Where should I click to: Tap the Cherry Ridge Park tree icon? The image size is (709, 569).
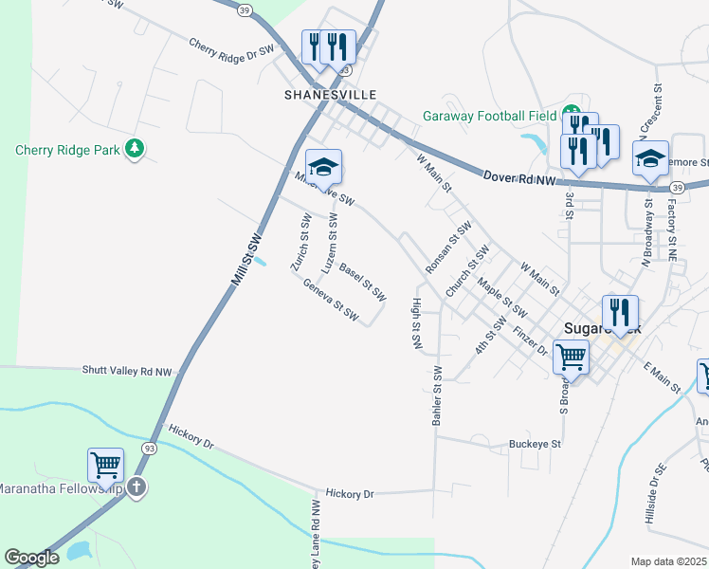[135, 149]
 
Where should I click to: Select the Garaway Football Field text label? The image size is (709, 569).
[489, 117]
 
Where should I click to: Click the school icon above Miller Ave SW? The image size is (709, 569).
[323, 167]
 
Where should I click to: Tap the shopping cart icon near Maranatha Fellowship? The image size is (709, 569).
[105, 466]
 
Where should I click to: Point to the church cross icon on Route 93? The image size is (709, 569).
[136, 487]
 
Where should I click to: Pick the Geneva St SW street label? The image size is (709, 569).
[331, 299]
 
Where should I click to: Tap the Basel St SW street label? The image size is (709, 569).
[362, 283]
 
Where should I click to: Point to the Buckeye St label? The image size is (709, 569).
[536, 443]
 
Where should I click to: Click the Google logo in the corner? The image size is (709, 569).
[31, 558]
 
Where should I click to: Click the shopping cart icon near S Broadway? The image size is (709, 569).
[572, 358]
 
